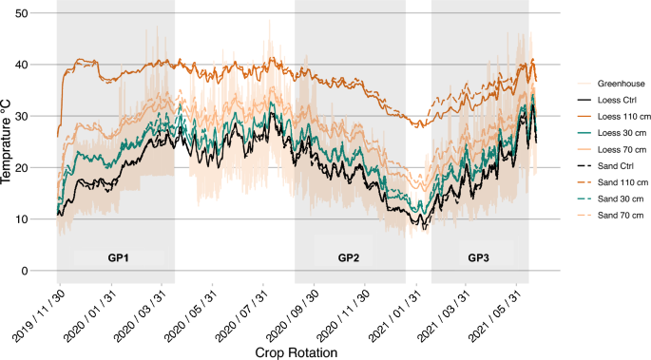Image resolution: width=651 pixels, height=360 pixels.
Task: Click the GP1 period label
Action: [118, 257]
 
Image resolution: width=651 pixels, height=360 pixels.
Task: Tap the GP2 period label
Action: [350, 257]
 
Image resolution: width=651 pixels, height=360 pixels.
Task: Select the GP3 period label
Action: [480, 257]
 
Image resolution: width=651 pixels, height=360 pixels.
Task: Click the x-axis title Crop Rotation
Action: [296, 351]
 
